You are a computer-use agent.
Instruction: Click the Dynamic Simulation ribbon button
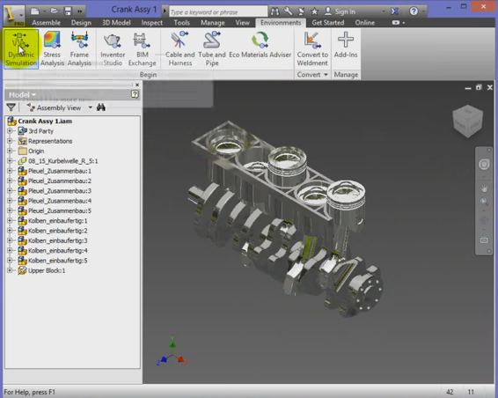21,48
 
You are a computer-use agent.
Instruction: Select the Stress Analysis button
52,48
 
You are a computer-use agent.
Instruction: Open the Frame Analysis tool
80,48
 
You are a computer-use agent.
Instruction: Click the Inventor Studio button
113,48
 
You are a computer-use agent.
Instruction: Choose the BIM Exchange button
142,48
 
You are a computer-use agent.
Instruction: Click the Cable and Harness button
179,48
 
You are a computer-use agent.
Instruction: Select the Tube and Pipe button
212,48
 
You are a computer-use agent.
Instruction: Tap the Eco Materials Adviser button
260,48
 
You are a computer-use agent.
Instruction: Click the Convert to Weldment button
312,48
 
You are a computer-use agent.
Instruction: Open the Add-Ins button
346,48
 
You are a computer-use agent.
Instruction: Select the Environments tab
281,23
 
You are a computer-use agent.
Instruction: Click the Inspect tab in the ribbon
151,23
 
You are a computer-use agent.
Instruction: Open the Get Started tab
327,23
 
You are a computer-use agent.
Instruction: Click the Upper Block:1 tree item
47,270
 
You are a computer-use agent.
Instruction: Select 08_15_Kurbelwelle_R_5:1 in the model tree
62,161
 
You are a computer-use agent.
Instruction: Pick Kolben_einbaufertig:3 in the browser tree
58,240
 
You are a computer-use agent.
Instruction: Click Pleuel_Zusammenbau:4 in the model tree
60,201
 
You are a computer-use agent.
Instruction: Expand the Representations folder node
11,141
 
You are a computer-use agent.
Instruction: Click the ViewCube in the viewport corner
466,121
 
